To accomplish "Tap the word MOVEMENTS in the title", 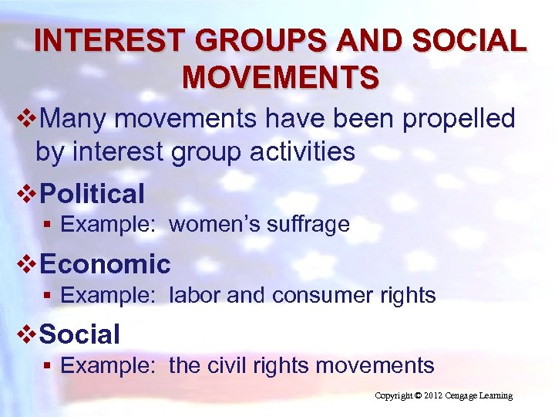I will pyautogui.click(x=281, y=77).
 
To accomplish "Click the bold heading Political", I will pyautogui.click(x=92, y=193).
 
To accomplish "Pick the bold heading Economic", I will pyautogui.click(x=105, y=264).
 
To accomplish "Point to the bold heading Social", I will pyautogui.click(x=79, y=334).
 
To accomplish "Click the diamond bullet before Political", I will pyautogui.click(x=28, y=193).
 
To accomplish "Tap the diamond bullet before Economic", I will pyautogui.click(x=28, y=264).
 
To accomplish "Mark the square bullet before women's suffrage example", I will pyautogui.click(x=48, y=225).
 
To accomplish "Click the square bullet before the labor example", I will pyautogui.click(x=48, y=296).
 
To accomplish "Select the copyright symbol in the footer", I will pyautogui.click(x=419, y=396).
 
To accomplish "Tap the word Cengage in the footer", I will pyautogui.click(x=466, y=396).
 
